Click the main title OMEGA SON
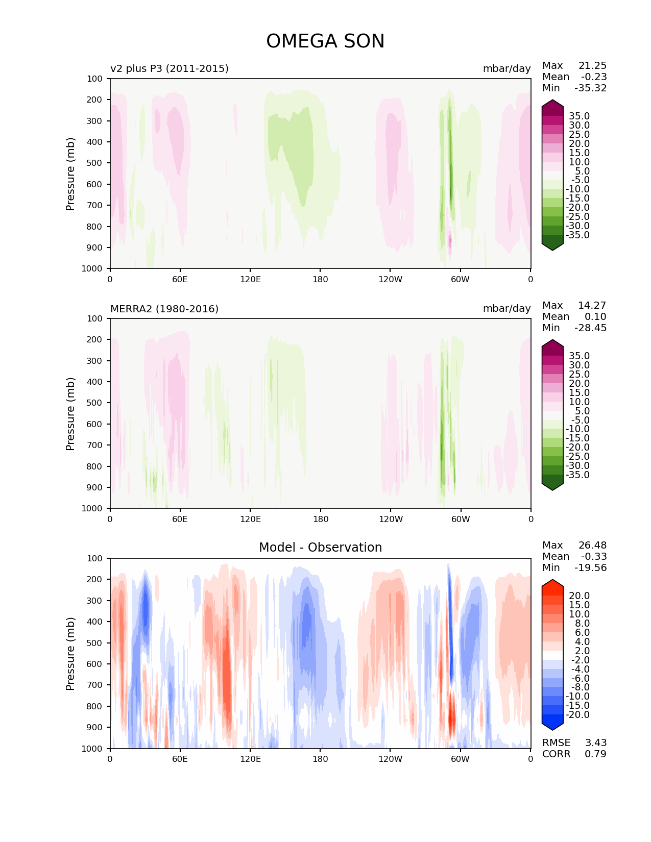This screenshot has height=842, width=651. (x=325, y=41)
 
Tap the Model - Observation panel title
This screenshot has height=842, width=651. (x=320, y=548)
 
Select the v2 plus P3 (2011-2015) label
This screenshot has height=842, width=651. (x=170, y=68)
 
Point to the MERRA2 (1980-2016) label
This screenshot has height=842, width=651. (x=164, y=309)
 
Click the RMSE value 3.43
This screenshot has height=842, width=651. (x=595, y=742)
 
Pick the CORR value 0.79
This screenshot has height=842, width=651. (x=595, y=754)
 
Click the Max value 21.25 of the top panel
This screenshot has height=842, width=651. (x=592, y=65)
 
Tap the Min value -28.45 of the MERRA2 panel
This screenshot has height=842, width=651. (x=591, y=328)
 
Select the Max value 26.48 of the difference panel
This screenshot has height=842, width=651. (x=592, y=545)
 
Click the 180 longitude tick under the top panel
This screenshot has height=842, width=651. (x=320, y=279)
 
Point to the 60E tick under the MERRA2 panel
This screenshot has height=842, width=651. (x=180, y=519)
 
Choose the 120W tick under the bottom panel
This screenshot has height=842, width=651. (x=390, y=759)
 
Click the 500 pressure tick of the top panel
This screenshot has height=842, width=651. (x=95, y=163)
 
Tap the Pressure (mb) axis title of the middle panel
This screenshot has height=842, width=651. (x=70, y=414)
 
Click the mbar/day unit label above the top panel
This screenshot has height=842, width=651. (x=507, y=68)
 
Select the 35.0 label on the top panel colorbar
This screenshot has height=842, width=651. (x=579, y=116)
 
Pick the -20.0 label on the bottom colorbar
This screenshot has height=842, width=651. (x=577, y=714)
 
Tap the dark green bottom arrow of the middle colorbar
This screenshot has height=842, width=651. (x=552, y=485)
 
